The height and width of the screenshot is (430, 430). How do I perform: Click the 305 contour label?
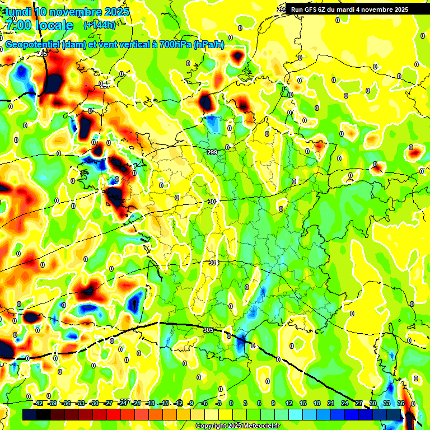click(x=209, y=330)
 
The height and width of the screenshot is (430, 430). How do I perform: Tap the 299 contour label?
click(x=212, y=152)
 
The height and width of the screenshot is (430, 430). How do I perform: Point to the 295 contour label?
click(x=43, y=54)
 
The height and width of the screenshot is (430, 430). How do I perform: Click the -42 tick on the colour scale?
click(x=39, y=403)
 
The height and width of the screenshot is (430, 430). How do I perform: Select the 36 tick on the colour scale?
click(x=401, y=403)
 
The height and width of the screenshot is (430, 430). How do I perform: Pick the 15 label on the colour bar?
click(x=303, y=403)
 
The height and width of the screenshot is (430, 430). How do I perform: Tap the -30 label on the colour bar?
click(x=94, y=403)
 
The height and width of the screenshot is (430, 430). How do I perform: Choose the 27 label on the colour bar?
click(x=359, y=403)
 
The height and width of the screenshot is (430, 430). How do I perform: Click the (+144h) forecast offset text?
click(x=99, y=25)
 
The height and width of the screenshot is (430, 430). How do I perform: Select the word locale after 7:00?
click(x=53, y=25)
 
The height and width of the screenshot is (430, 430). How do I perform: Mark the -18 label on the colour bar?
click(x=150, y=403)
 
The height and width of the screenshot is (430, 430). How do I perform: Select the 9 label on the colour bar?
click(x=273, y=403)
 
